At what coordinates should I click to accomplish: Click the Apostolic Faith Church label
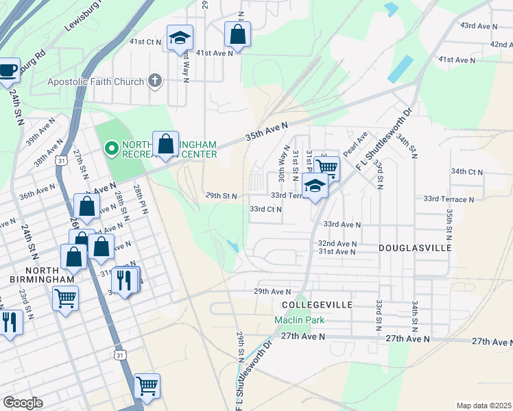(95, 82)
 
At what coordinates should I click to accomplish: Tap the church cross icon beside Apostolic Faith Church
(155, 82)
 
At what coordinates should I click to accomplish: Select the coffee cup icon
(8, 70)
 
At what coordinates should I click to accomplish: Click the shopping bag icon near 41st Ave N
(237, 34)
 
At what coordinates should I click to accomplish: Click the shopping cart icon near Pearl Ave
(327, 166)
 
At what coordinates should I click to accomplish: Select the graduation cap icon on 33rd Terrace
(315, 186)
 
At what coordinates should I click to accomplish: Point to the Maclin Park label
(299, 320)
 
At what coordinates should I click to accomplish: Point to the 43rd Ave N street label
(478, 25)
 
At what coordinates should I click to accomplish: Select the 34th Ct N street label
(467, 171)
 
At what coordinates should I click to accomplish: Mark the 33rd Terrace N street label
(449, 199)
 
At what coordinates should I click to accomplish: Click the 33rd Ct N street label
(265, 209)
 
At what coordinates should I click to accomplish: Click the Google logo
(22, 402)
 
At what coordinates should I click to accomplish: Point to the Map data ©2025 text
(483, 406)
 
